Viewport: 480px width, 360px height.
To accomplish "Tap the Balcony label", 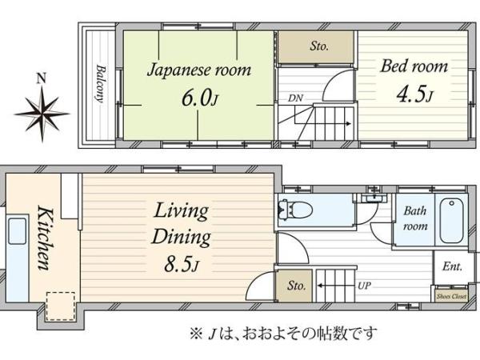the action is pos(99,83).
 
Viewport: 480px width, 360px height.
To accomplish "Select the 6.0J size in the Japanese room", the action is pos(199,98).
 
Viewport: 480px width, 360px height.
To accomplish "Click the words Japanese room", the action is pos(199,70).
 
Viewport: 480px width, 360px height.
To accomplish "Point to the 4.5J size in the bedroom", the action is pos(414,94).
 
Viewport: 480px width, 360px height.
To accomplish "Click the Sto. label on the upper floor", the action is pos(319,46).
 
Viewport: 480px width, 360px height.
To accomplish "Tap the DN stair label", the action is pos(295,98).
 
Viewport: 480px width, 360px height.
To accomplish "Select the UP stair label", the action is pos(364,286).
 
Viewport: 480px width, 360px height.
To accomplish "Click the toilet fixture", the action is pos(295,210).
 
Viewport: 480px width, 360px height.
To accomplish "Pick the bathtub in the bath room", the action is pos(451,221).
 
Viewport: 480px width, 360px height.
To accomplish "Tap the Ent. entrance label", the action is pos(452,266).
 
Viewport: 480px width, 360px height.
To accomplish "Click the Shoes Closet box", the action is pos(451,296).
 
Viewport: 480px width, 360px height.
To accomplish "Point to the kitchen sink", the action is pos(17,231).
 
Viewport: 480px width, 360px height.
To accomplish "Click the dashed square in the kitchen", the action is pos(61,306).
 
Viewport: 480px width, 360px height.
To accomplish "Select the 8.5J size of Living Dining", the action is pos(182,265).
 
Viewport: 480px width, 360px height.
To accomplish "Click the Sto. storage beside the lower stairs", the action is pos(294,286).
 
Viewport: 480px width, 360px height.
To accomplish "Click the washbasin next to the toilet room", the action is pos(373,198).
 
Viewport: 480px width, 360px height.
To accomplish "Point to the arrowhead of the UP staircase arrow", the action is pos(319,286).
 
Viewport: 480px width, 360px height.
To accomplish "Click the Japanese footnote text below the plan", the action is pos(283,334).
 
